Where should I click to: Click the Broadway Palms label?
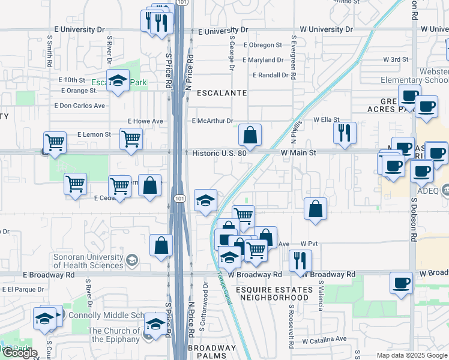pos(212,352)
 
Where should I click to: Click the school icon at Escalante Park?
pos(118,81)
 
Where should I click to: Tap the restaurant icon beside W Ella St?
pos(345,133)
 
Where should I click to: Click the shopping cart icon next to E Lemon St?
pos(131,139)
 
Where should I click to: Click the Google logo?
pos(19,353)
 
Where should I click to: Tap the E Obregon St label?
pos(262,45)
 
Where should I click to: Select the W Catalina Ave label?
pos(324,339)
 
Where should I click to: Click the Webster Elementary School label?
pos(423,76)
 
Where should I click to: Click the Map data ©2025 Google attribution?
pos(412,355)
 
